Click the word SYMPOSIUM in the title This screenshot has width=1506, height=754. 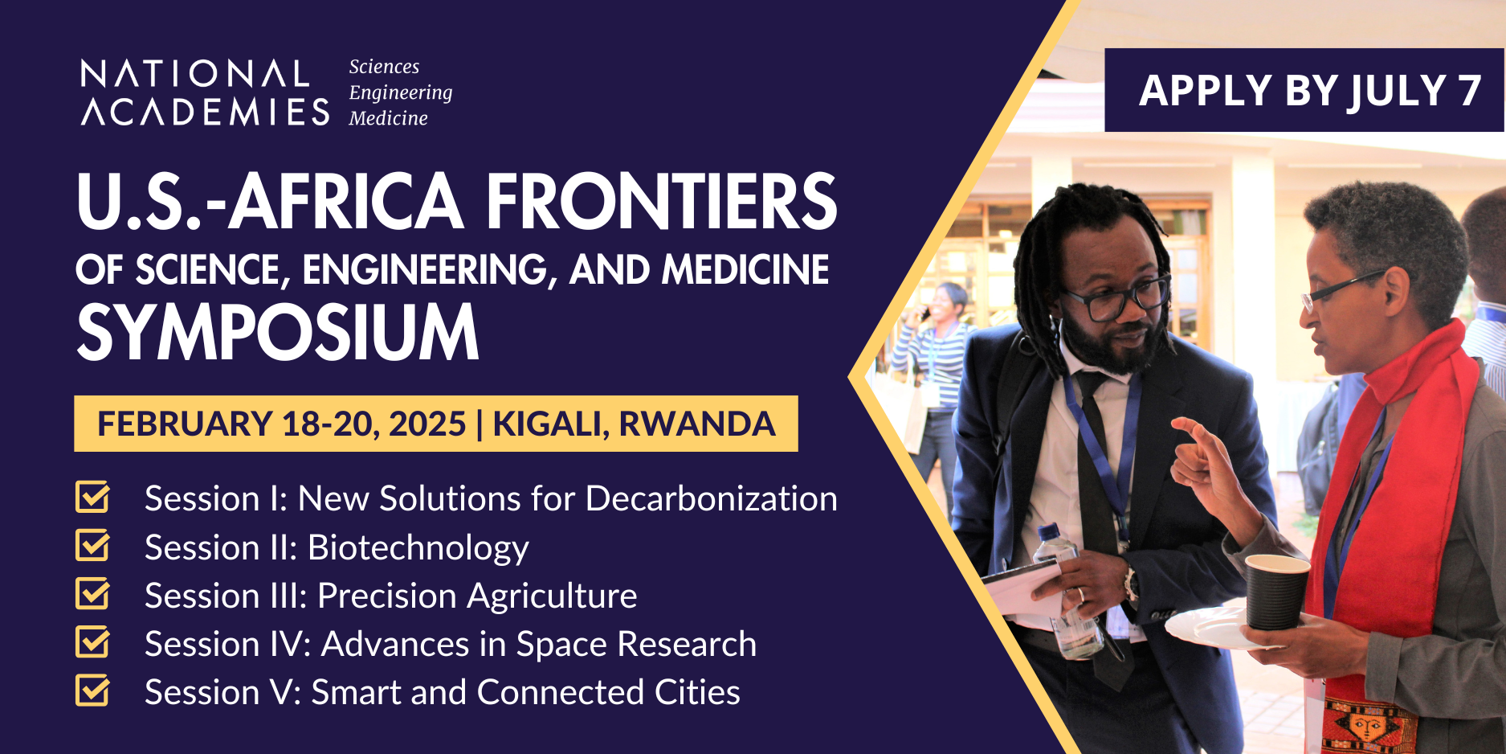click(x=278, y=332)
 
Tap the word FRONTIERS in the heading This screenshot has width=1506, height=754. click(x=661, y=201)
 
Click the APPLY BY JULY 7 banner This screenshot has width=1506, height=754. click(x=1304, y=90)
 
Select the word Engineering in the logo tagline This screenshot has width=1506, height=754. click(x=401, y=93)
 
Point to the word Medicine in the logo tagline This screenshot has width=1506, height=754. click(x=388, y=118)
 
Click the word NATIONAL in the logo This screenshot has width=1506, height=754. click(x=195, y=74)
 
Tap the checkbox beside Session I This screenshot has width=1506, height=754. click(x=92, y=497)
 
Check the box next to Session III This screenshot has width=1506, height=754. click(x=92, y=593)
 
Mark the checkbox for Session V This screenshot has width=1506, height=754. click(x=92, y=690)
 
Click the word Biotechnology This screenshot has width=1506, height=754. click(x=418, y=548)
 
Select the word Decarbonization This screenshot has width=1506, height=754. click(x=712, y=498)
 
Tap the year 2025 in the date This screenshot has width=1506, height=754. click(x=427, y=424)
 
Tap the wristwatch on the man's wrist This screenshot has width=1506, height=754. click(x=1132, y=584)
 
